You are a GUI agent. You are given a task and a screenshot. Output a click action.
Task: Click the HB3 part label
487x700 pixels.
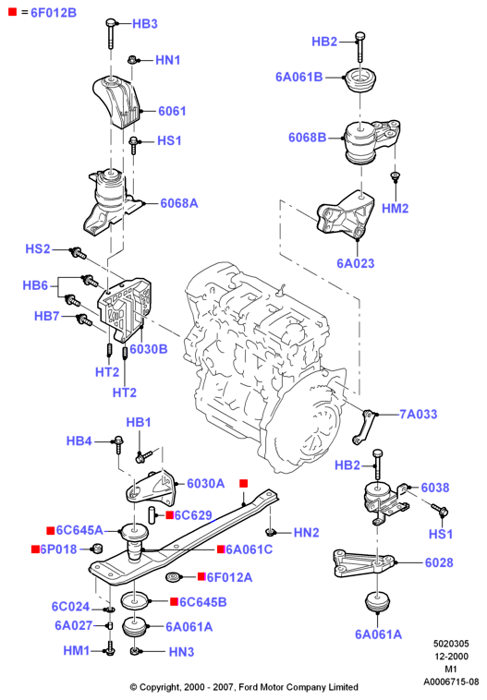[145, 24]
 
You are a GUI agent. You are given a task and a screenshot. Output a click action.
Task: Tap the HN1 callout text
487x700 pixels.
[167, 60]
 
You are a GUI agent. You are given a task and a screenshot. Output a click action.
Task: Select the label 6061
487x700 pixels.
[172, 111]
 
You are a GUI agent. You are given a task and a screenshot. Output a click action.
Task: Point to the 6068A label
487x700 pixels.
[178, 203]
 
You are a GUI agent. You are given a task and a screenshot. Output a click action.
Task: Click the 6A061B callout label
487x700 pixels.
[298, 77]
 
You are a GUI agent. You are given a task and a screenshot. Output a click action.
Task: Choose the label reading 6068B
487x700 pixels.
[307, 137]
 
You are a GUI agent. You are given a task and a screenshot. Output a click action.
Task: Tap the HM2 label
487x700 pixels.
[395, 208]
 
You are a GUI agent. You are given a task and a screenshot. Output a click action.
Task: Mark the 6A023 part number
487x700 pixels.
[355, 263]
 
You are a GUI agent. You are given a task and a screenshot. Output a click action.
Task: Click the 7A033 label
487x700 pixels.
[419, 414]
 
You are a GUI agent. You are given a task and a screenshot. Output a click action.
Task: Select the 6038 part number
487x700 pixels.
[434, 487]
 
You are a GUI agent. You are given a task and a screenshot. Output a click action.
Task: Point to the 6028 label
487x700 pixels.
[439, 562]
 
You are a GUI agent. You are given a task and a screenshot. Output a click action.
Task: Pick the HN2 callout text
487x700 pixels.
[306, 532]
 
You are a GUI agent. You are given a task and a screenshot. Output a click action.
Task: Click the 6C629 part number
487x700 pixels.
[193, 515]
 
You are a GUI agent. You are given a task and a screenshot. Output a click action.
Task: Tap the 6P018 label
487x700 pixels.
[58, 549]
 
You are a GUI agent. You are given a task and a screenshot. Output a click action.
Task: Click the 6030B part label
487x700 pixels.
[149, 349]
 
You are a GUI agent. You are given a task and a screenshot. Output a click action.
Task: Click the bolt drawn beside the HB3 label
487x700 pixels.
[111, 33]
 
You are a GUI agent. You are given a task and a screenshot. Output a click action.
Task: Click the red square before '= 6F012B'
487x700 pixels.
[13, 12]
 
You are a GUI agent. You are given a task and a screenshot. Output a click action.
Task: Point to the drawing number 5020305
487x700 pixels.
[451, 644]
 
